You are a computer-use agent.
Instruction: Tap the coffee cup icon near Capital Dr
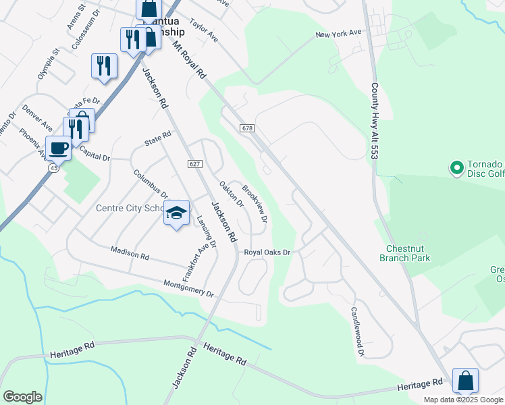[58, 148]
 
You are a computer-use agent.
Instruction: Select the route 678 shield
[246, 128]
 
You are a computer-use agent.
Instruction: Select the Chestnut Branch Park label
[404, 253]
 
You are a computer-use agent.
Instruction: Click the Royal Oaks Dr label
[267, 252]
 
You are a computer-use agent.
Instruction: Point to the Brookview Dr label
[255, 205]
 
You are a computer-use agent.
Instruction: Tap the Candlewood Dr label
[357, 331]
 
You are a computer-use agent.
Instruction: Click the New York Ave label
[339, 34]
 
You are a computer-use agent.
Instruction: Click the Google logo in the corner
[22, 397]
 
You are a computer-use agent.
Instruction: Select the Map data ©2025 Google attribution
[463, 400]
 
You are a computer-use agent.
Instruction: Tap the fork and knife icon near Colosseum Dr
[103, 65]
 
